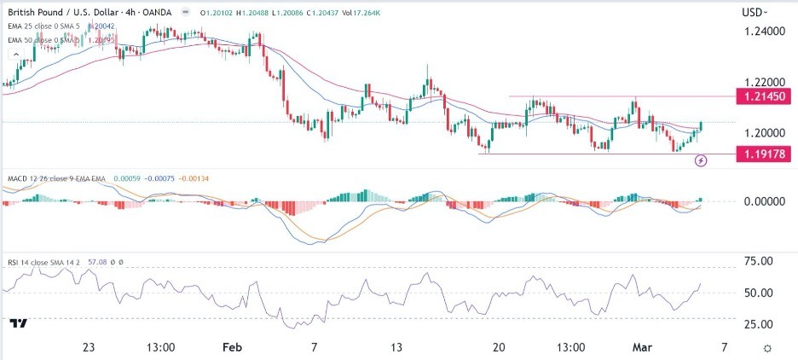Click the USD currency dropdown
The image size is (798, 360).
[754, 12]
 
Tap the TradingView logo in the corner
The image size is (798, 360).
[18, 323]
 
